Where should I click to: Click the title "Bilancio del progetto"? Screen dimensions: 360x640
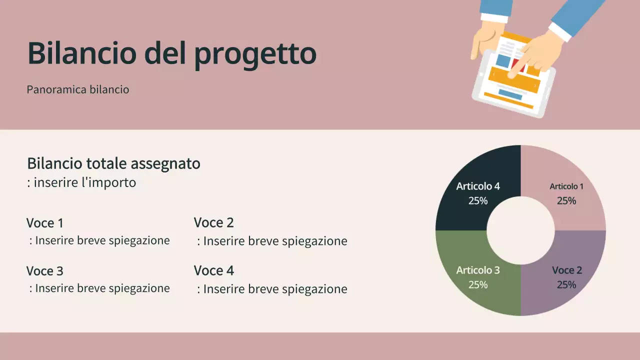point(171,53)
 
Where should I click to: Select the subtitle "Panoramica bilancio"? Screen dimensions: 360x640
point(78,90)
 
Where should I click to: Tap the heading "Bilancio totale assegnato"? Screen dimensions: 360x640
point(113,163)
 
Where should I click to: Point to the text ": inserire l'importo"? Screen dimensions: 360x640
point(81,182)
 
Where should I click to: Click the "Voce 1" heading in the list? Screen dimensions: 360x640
point(45,223)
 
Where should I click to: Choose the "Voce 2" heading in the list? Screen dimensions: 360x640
point(213,222)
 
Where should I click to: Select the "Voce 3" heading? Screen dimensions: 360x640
point(45,271)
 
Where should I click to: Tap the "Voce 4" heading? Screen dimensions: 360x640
point(213,270)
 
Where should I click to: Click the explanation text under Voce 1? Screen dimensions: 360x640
point(99,240)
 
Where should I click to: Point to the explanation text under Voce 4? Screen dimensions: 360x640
point(272,289)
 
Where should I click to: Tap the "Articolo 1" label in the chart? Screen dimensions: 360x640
point(566,186)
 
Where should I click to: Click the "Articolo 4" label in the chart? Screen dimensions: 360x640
point(478,186)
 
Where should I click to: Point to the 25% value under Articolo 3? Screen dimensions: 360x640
point(478,285)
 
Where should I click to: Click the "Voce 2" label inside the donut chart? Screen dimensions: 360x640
point(566,270)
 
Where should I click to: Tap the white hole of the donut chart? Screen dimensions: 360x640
point(520,230)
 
